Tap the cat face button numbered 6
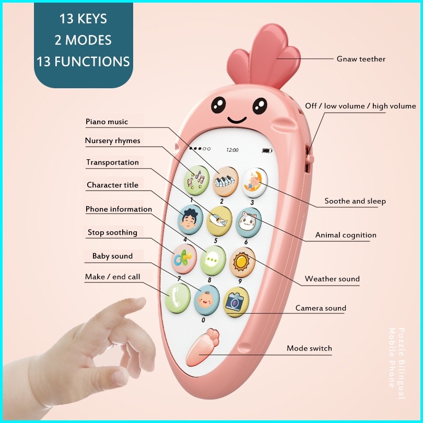pos(248,222)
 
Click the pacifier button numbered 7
pos(184,259)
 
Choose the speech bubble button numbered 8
pos(213,260)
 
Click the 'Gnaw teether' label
pos(361,59)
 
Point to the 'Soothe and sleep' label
pos(355,201)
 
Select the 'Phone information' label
pos(119,209)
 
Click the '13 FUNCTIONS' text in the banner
pos(83,61)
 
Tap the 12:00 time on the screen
pos(232,150)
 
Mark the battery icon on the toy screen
pos(267,151)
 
